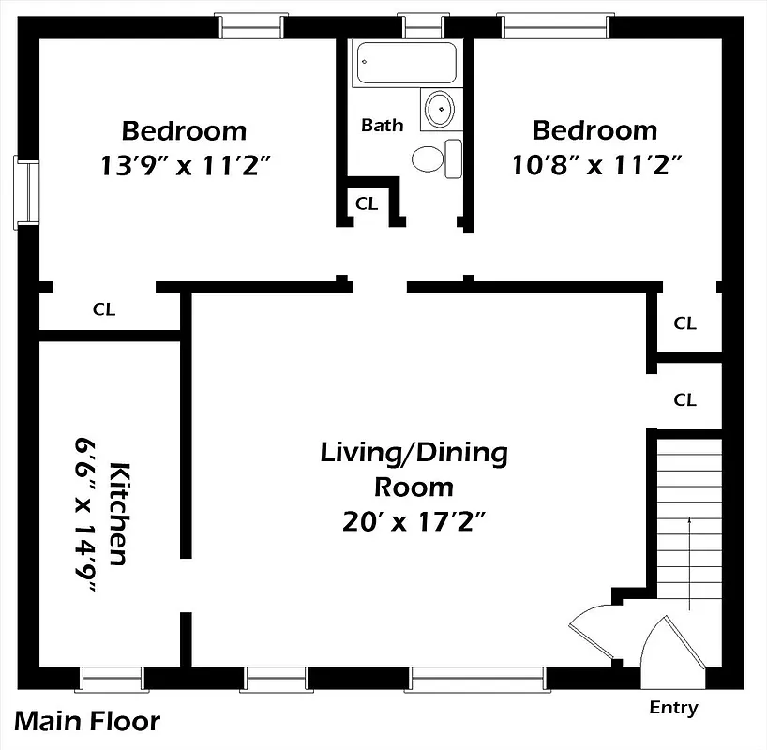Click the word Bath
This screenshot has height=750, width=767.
click(x=383, y=125)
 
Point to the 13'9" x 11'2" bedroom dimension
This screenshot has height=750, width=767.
click(x=185, y=166)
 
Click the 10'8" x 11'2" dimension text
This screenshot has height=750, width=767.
click(x=595, y=166)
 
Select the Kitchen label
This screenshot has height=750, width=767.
click(x=118, y=513)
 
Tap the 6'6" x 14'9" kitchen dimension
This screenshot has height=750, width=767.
click(x=86, y=513)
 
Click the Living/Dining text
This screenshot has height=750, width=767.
click(x=414, y=454)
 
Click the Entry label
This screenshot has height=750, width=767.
click(x=673, y=708)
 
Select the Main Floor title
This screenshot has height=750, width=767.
click(x=87, y=722)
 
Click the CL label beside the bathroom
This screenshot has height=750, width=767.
click(x=367, y=203)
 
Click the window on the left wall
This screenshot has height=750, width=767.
click(x=26, y=192)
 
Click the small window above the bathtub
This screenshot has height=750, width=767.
click(x=413, y=26)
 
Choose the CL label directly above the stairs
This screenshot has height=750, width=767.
click(x=685, y=399)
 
